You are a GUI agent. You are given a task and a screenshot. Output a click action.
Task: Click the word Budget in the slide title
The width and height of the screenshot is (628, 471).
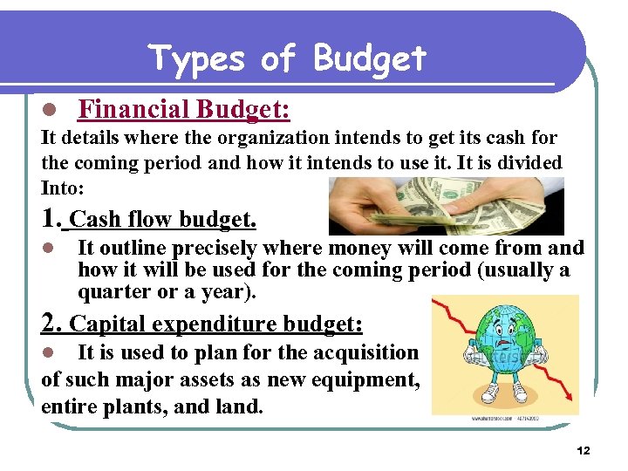(x=369, y=58)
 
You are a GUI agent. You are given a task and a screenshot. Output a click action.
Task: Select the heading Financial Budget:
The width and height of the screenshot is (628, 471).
(x=184, y=109)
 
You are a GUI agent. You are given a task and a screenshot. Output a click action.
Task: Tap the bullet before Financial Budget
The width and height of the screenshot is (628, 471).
(x=50, y=110)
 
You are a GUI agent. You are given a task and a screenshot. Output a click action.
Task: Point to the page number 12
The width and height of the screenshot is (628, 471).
(x=584, y=450)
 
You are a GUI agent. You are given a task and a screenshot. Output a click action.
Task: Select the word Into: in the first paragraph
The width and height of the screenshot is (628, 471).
(x=62, y=187)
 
